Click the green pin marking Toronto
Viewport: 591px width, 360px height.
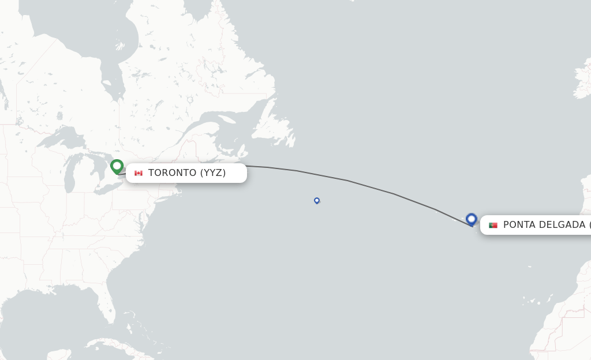click(x=117, y=166)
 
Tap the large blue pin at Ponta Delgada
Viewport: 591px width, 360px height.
click(x=472, y=219)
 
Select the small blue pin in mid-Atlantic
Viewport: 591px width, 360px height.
click(x=317, y=200)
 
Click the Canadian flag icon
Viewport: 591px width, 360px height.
click(x=139, y=173)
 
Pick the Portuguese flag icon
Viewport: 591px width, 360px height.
click(x=493, y=225)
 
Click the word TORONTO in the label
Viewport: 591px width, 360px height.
click(x=173, y=173)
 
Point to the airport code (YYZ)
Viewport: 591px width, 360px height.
click(x=213, y=173)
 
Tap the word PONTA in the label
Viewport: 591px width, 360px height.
click(x=520, y=225)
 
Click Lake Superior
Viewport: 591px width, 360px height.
click(x=55, y=138)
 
